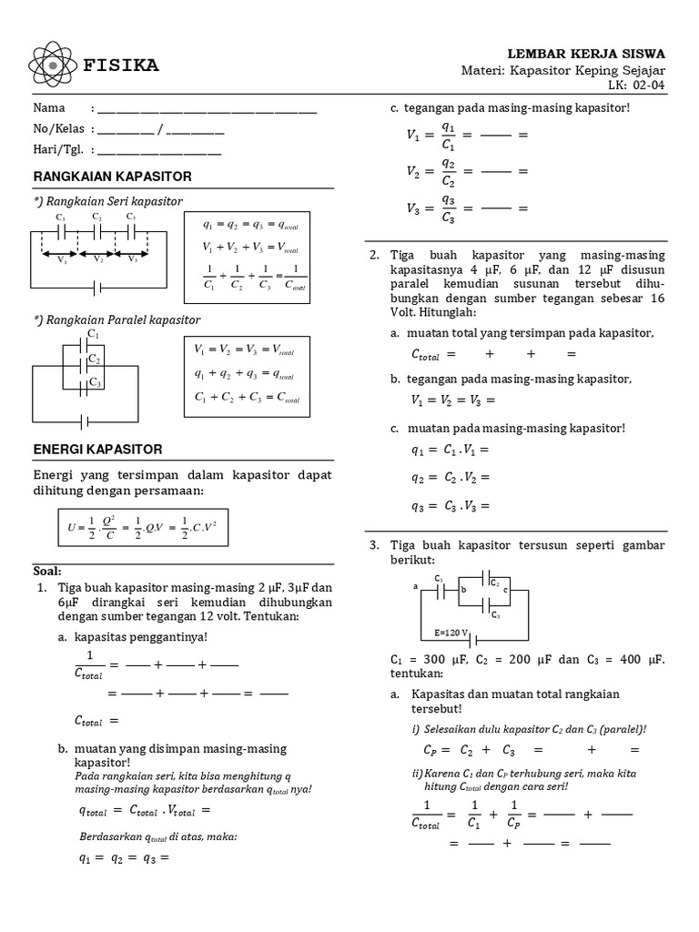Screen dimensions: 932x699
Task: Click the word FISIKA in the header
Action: pos(121,66)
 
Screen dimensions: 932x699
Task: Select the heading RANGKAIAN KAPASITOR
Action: pos(112,176)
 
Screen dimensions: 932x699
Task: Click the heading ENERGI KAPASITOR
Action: pos(97,450)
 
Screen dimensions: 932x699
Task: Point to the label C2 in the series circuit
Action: pos(96,217)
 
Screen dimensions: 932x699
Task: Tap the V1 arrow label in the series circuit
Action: pos(61,260)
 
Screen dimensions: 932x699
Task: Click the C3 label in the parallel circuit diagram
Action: pos(94,383)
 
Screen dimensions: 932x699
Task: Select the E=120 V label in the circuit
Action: pos(451,632)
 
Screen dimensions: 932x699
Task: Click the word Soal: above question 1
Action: pos(46,571)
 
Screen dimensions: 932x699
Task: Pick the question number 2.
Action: pos(373,256)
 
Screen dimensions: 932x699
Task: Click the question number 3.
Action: pos(373,545)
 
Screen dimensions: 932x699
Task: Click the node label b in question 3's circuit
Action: pos(464,591)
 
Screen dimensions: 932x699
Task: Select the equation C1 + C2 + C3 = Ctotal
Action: pos(247,398)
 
